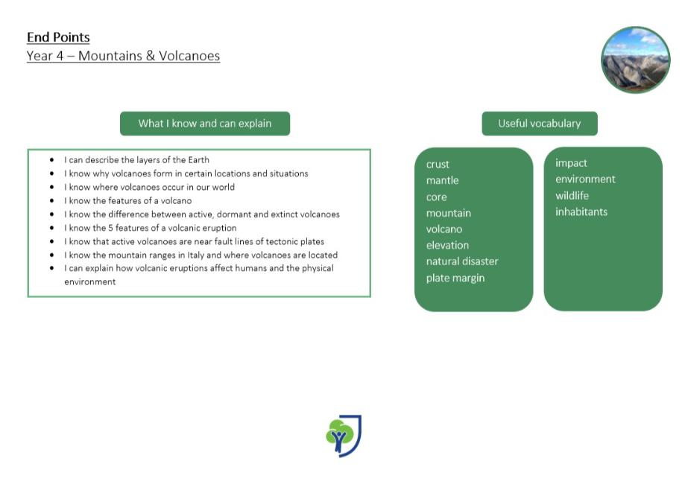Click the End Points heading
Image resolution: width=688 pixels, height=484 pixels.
(x=58, y=37)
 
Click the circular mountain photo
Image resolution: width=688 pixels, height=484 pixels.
(x=635, y=60)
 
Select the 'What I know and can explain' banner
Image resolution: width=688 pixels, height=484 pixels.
(x=205, y=124)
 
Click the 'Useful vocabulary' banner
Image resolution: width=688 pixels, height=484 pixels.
(x=539, y=124)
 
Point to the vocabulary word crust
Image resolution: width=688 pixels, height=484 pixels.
(x=438, y=165)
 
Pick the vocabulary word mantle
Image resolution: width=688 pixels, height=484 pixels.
(x=442, y=180)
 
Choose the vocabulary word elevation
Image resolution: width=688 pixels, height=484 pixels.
(x=447, y=245)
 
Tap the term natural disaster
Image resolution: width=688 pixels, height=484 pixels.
(x=462, y=261)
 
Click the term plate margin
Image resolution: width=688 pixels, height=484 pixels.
(x=455, y=278)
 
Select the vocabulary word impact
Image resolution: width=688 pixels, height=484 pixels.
(x=571, y=163)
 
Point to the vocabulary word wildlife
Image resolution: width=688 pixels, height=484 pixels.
(x=572, y=196)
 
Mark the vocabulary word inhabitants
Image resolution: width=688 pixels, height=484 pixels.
(x=581, y=211)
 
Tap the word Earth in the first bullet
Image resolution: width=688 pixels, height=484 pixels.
(x=199, y=160)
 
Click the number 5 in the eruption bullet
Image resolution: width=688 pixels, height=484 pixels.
(x=110, y=228)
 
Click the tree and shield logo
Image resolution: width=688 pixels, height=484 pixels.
(x=344, y=436)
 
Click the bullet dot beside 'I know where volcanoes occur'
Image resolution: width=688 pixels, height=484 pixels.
(x=51, y=187)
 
